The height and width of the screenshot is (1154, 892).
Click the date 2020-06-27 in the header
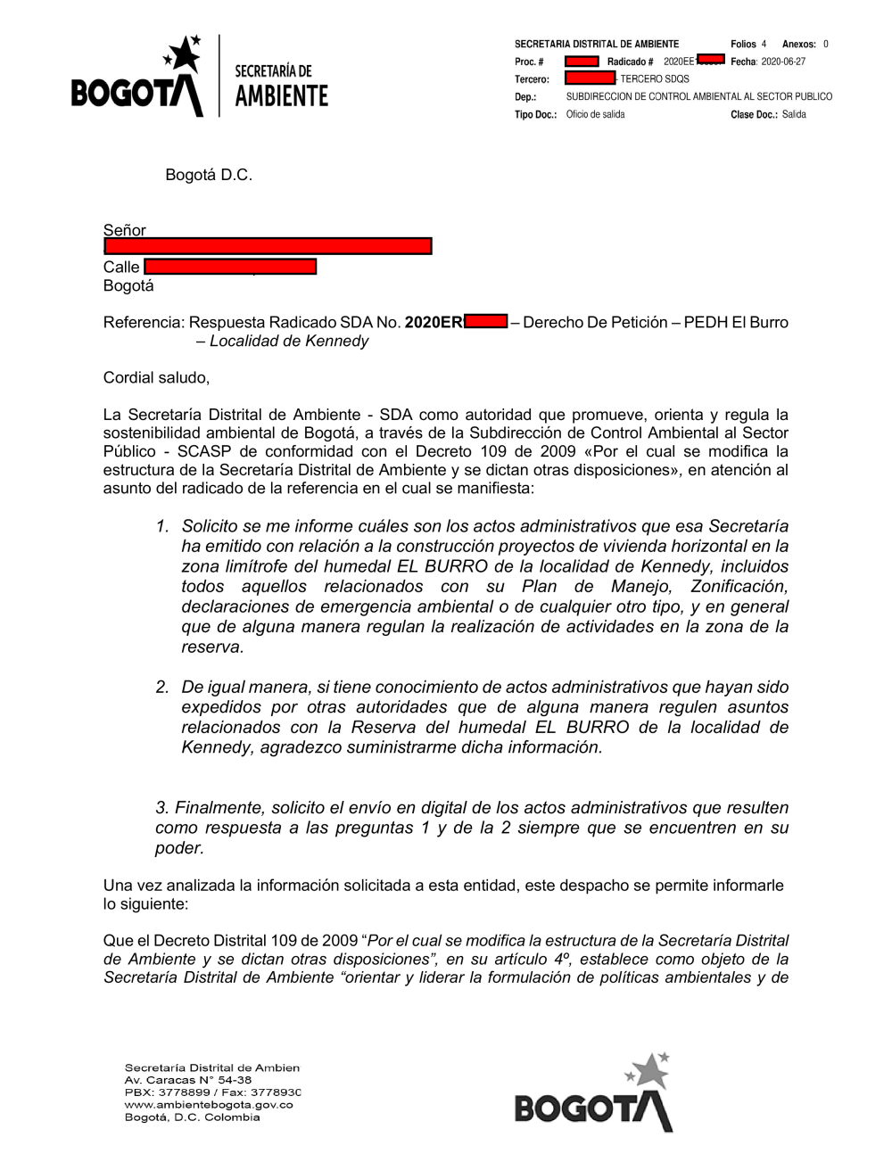783,62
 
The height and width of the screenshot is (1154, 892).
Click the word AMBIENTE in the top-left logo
281,96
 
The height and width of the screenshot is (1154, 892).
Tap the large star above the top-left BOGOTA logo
186,56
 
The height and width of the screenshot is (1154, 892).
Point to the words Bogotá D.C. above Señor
209,175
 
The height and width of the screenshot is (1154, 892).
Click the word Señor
125,230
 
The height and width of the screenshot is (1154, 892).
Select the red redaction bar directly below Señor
268,246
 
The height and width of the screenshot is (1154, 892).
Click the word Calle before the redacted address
121,267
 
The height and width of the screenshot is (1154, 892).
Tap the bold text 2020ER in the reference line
434,322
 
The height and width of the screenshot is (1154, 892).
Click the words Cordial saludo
156,377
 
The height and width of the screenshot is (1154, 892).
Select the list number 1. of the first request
162,526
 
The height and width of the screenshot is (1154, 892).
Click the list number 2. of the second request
162,687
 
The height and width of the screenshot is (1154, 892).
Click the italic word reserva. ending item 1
212,647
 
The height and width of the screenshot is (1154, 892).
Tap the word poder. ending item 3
180,848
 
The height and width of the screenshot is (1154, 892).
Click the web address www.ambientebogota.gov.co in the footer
209,1104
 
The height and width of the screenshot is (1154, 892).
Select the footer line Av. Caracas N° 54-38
188,1079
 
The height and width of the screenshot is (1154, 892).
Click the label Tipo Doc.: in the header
535,114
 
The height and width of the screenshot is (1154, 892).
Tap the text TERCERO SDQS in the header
655,78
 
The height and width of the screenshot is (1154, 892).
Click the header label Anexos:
799,44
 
